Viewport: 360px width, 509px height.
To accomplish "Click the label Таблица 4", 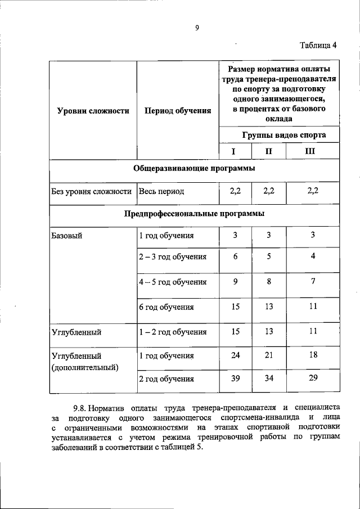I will click(318, 46).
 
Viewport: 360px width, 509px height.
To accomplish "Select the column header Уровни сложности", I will click(93, 111).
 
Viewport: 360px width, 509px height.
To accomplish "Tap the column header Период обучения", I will click(178, 111).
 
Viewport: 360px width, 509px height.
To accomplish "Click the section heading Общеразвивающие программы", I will click(194, 168).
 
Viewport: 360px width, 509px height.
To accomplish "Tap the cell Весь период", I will click(162, 191).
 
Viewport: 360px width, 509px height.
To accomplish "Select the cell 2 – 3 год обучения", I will click(173, 256).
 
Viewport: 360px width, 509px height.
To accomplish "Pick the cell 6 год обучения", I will click(166, 307).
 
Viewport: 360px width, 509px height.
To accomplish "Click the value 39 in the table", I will click(235, 378).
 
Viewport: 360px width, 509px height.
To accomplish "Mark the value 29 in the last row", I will click(313, 378).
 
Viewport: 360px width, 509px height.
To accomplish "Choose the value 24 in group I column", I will click(235, 355).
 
